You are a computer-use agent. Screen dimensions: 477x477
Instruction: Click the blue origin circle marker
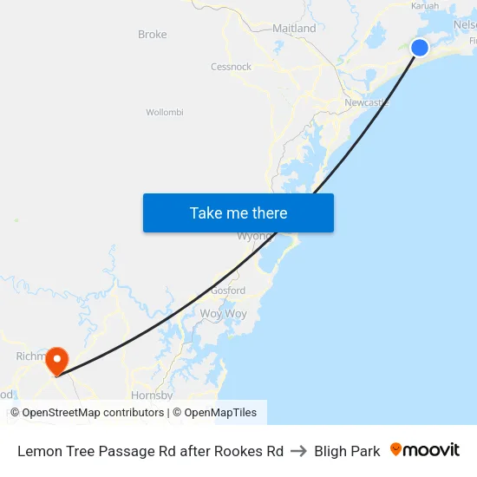[420, 47]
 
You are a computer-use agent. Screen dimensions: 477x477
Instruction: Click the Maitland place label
[294, 29]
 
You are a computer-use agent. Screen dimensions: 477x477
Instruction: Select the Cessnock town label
[231, 67]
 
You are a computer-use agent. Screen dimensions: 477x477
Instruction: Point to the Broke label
[153, 35]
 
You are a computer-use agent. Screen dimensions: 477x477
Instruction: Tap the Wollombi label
[165, 112]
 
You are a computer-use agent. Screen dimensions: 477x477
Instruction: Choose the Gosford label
[228, 291]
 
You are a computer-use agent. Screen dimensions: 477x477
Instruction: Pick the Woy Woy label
[224, 313]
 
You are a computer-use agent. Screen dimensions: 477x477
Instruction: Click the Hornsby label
[152, 395]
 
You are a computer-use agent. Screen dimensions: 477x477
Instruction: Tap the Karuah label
[425, 5]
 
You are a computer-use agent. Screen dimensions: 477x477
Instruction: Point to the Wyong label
[255, 236]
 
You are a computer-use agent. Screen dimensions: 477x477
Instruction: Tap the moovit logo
[425, 450]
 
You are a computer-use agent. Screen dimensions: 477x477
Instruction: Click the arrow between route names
[298, 451]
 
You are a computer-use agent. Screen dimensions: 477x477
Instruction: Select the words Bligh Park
[347, 451]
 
